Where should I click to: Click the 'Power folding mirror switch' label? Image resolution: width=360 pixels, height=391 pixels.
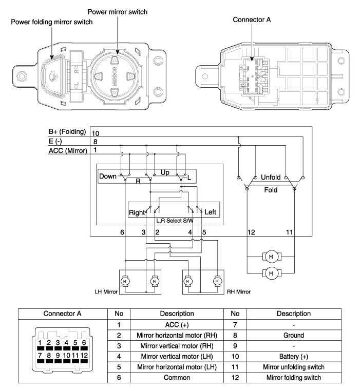pos(52,22)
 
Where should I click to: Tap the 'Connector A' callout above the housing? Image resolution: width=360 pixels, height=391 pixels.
pos(252,19)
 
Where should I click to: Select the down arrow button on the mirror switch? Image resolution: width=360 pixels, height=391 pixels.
pos(115,93)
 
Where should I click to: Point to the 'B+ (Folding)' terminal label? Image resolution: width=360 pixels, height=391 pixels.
pos(67,132)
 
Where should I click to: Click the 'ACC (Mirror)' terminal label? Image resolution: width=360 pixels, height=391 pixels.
pos(68,151)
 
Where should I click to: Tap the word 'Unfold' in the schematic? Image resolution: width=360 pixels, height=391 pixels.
pos(271,178)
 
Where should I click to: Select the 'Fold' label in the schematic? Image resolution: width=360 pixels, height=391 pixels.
pos(271,190)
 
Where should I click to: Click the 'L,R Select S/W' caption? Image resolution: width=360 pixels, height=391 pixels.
pos(175,221)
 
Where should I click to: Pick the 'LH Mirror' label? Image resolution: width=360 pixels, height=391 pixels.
pos(106,292)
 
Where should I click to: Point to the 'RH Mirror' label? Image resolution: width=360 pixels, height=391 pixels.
pos(239,292)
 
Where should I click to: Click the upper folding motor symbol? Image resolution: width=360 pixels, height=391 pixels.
pos(271,257)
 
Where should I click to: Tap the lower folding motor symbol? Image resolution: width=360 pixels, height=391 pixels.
pos(271,273)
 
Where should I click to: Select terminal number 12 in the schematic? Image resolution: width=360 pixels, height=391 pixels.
pos(251,232)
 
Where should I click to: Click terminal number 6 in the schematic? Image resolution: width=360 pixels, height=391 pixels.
pos(122,232)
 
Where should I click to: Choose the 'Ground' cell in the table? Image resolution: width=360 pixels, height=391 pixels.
pos(294,335)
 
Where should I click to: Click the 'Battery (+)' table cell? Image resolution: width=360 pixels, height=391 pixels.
pos(294,357)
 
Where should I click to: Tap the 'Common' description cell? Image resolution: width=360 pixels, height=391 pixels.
pos(177,378)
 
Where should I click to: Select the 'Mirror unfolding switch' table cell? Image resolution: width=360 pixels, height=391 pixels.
pos(294,367)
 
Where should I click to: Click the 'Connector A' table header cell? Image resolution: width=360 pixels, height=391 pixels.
pos(63,314)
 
